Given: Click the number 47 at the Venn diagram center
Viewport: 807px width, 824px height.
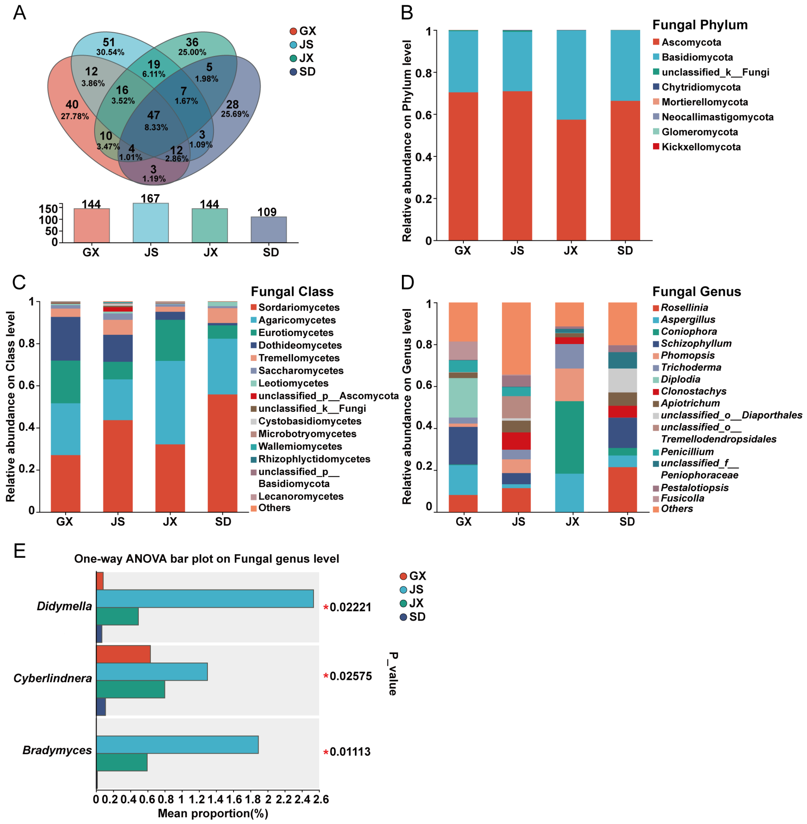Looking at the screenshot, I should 154,115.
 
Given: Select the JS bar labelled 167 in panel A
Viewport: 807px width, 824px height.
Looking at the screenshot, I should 150,223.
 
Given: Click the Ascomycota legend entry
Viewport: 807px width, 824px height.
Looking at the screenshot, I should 691,42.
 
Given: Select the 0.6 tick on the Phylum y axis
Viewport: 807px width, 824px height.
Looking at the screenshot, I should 423,115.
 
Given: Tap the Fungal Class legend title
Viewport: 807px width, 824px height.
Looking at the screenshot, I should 292,292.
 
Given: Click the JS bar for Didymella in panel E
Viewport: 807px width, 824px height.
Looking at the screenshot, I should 205,599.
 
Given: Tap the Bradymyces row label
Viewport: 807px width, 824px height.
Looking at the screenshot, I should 57,750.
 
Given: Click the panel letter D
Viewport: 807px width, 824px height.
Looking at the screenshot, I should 407,282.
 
